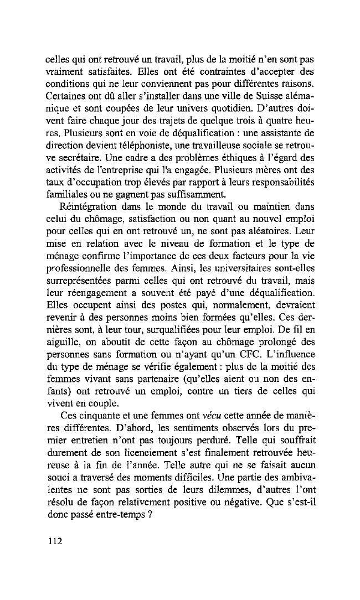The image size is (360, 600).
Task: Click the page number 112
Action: tap(55, 540)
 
